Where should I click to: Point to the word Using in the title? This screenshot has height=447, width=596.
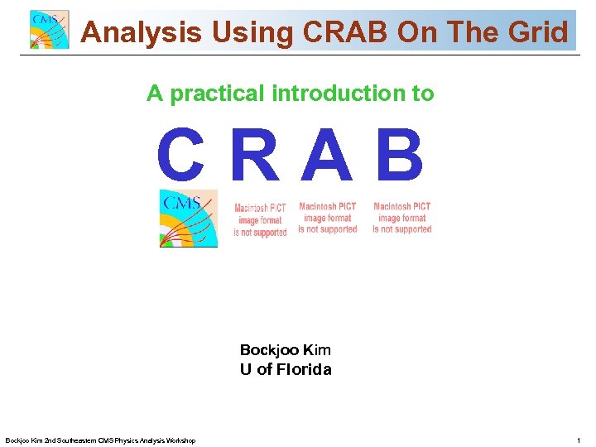tap(253, 32)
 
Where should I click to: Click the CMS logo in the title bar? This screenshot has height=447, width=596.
tap(50, 31)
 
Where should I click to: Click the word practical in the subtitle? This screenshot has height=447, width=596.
tap(218, 94)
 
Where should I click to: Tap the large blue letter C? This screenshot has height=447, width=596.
tap(181, 157)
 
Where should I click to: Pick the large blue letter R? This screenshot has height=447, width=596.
tap(256, 157)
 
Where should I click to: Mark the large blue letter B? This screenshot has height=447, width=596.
tap(400, 157)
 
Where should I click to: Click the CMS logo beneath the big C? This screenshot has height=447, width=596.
tap(189, 218)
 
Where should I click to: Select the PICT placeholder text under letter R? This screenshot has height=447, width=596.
tap(261, 220)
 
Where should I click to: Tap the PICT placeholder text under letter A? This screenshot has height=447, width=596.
tap(328, 218)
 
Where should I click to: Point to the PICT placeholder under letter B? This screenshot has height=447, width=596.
tap(401, 218)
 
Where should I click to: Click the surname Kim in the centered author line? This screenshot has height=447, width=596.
tap(316, 350)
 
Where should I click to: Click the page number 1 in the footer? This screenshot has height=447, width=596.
tap(578, 440)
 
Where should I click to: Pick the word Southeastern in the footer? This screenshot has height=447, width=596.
tap(75, 440)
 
